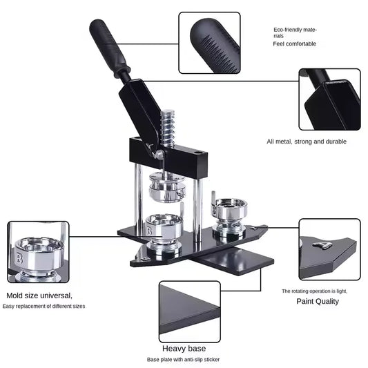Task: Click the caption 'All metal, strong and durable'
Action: (307, 142)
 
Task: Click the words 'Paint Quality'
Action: (318, 302)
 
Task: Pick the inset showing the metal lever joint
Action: (329, 99)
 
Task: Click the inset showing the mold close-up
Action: (38, 251)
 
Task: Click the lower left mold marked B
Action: (164, 231)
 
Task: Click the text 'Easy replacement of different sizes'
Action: (44, 306)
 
